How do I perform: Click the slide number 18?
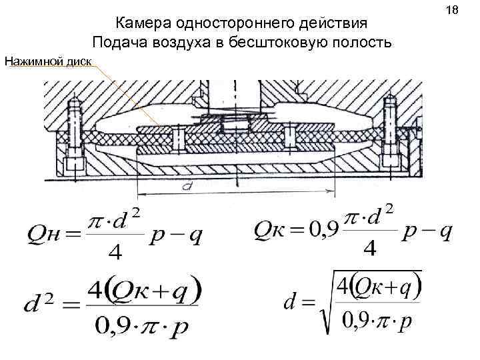coord(454,11)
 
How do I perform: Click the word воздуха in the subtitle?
coord(175,43)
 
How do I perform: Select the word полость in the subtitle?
coord(359,43)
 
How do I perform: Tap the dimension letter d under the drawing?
coord(189,189)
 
